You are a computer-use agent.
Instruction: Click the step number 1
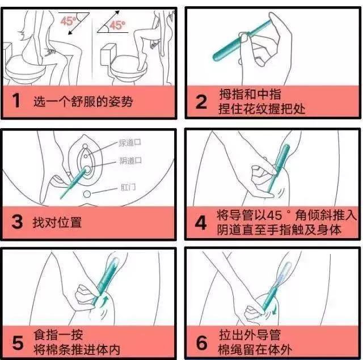[x=16, y=102]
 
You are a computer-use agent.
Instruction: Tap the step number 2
[x=201, y=102]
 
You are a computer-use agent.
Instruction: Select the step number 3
[x=16, y=222]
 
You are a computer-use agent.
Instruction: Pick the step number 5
[x=17, y=343]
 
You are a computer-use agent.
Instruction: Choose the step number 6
[x=201, y=344]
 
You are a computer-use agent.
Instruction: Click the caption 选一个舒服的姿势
[x=84, y=102]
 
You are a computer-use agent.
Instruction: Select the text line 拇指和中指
[x=250, y=94]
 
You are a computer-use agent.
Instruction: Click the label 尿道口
[x=130, y=143]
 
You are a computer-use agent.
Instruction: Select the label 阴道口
[x=130, y=161]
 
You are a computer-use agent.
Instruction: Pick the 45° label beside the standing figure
[x=117, y=26]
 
